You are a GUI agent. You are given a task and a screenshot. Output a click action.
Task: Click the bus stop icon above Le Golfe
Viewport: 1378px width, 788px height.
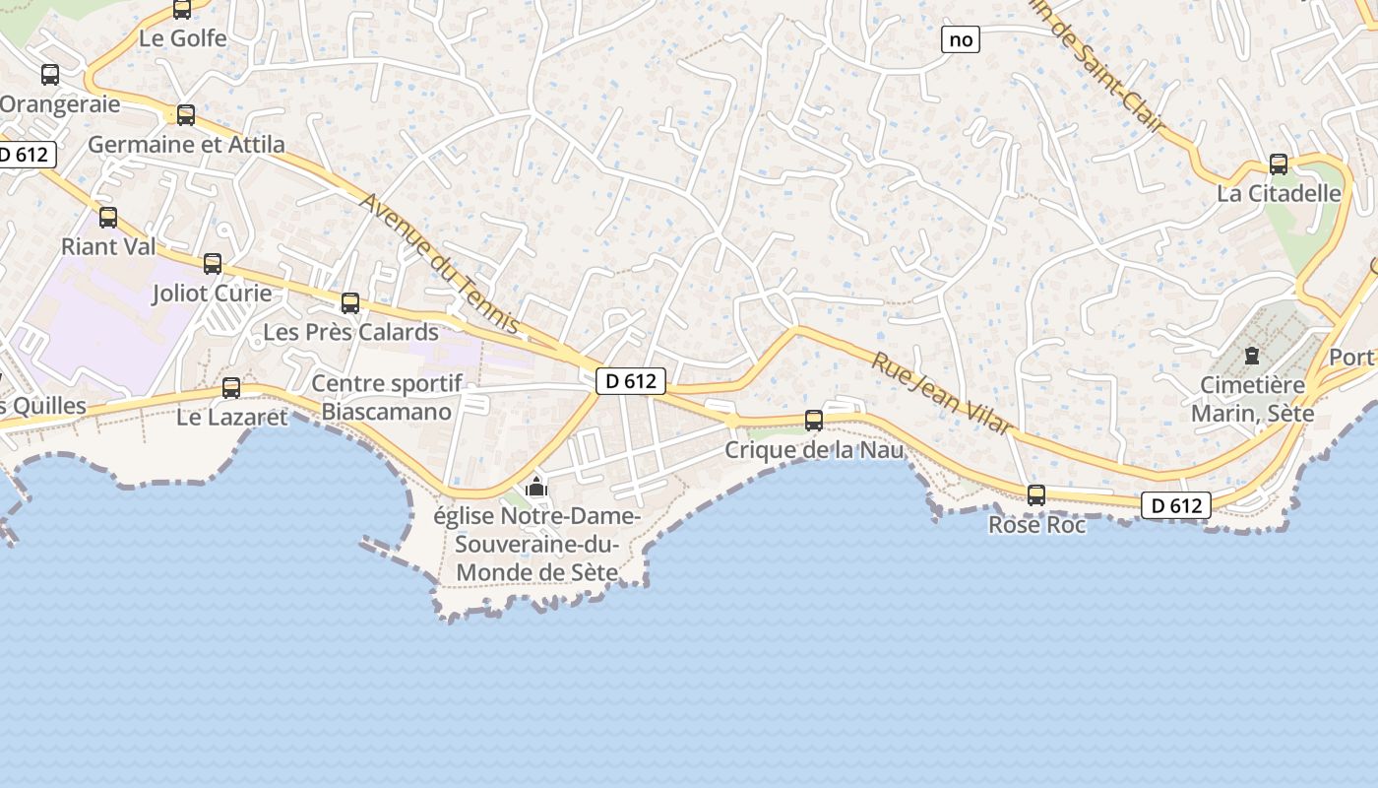pos(182,9)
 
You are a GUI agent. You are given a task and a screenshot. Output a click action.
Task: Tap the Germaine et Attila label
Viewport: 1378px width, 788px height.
pos(186,145)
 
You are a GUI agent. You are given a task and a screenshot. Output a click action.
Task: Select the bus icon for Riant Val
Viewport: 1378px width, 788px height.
pos(108,218)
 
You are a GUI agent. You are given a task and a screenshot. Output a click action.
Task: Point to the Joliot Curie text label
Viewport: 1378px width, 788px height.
pos(212,294)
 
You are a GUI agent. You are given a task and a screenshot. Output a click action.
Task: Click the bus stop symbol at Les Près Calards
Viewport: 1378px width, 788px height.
pos(350,303)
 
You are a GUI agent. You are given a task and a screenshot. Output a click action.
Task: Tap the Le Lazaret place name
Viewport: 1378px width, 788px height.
pos(232,417)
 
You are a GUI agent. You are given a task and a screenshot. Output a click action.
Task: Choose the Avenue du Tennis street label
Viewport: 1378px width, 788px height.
pos(440,263)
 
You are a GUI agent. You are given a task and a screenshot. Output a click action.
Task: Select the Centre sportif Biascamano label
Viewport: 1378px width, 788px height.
pos(386,398)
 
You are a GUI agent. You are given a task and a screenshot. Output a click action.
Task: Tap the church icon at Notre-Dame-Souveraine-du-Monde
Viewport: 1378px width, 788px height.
pos(536,487)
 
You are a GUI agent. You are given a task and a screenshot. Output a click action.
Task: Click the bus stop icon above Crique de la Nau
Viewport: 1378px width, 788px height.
pos(814,421)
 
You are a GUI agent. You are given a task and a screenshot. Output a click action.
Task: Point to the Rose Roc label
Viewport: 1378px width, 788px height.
pos(1036,525)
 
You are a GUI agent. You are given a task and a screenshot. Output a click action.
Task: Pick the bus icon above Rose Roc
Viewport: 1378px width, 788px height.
pos(1036,495)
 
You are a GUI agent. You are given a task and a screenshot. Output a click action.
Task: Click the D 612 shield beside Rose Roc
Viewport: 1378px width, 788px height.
pos(1176,506)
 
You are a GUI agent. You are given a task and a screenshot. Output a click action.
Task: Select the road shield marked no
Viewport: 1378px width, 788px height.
pos(961,39)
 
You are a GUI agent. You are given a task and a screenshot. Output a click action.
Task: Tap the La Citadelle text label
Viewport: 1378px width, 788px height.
pos(1279,193)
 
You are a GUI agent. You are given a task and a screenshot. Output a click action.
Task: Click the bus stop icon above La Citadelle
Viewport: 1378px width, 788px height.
pos(1279,164)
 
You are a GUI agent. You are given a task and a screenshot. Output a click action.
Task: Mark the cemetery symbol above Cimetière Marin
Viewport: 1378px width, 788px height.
pos(1252,355)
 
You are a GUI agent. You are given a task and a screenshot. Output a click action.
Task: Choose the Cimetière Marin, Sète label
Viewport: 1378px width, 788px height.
pos(1252,399)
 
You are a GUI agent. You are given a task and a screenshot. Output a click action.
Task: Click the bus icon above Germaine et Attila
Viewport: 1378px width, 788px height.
pos(186,115)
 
